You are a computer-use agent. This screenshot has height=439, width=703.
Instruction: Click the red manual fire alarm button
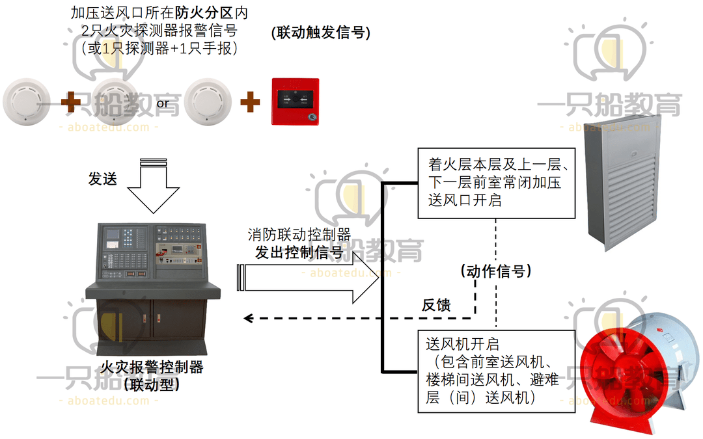pos(295,101)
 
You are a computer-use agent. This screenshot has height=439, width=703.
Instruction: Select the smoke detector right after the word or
pos(208,102)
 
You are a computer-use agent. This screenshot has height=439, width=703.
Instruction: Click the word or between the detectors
pos(163,103)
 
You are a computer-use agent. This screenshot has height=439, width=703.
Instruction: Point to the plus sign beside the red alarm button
pos(249,102)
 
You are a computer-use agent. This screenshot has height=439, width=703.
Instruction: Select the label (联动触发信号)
pos(320,33)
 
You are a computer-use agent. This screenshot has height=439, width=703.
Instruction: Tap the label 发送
pos(103,179)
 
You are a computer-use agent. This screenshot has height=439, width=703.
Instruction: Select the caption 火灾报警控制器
pos(151,367)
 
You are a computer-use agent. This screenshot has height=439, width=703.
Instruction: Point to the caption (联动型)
pos(151,384)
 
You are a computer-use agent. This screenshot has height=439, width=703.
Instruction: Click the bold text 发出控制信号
pos(299,254)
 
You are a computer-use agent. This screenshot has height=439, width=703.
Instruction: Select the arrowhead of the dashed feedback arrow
pos(247,318)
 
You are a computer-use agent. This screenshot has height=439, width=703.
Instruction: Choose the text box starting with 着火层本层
pos(496,182)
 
